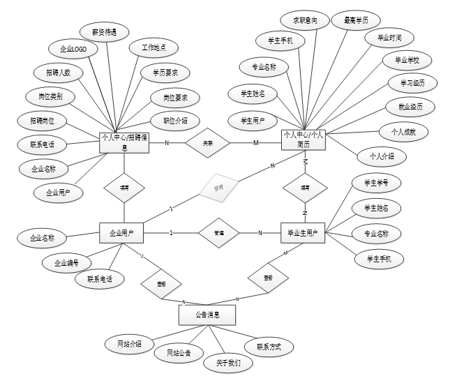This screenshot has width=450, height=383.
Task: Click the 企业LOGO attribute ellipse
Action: tap(73, 50)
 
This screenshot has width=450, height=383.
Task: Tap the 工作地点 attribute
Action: tap(153, 48)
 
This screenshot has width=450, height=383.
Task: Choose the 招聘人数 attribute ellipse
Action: tap(59, 73)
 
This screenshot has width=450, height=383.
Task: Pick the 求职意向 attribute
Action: tap(305, 21)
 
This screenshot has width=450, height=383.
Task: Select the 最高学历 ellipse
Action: tap(356, 21)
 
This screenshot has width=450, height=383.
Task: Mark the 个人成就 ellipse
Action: tap(403, 131)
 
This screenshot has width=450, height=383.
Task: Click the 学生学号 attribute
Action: tap(377, 183)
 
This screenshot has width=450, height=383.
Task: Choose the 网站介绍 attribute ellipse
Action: tap(129, 343)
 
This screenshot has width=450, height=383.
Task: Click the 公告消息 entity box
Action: tap(207, 315)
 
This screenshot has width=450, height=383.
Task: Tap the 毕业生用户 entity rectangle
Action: tap(303, 233)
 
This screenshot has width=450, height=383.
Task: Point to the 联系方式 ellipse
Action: tap(268, 346)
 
